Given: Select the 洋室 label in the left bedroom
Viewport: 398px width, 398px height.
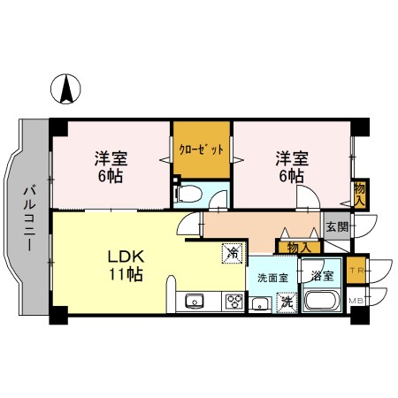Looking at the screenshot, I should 111,159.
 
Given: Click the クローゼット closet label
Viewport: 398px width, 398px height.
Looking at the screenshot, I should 201,149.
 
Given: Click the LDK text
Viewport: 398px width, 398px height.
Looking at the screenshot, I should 126,256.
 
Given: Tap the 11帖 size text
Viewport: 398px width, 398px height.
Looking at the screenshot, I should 126,275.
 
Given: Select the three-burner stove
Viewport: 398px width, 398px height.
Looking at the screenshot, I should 234,302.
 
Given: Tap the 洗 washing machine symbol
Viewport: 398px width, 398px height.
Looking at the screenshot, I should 287,302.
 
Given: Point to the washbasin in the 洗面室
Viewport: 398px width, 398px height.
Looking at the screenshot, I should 261,303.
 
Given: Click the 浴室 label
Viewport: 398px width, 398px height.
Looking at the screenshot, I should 321,276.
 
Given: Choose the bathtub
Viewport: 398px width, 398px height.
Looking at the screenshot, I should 321,302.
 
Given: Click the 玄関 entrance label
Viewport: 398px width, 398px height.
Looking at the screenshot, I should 337,228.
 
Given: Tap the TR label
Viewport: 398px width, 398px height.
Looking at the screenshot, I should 356,270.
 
